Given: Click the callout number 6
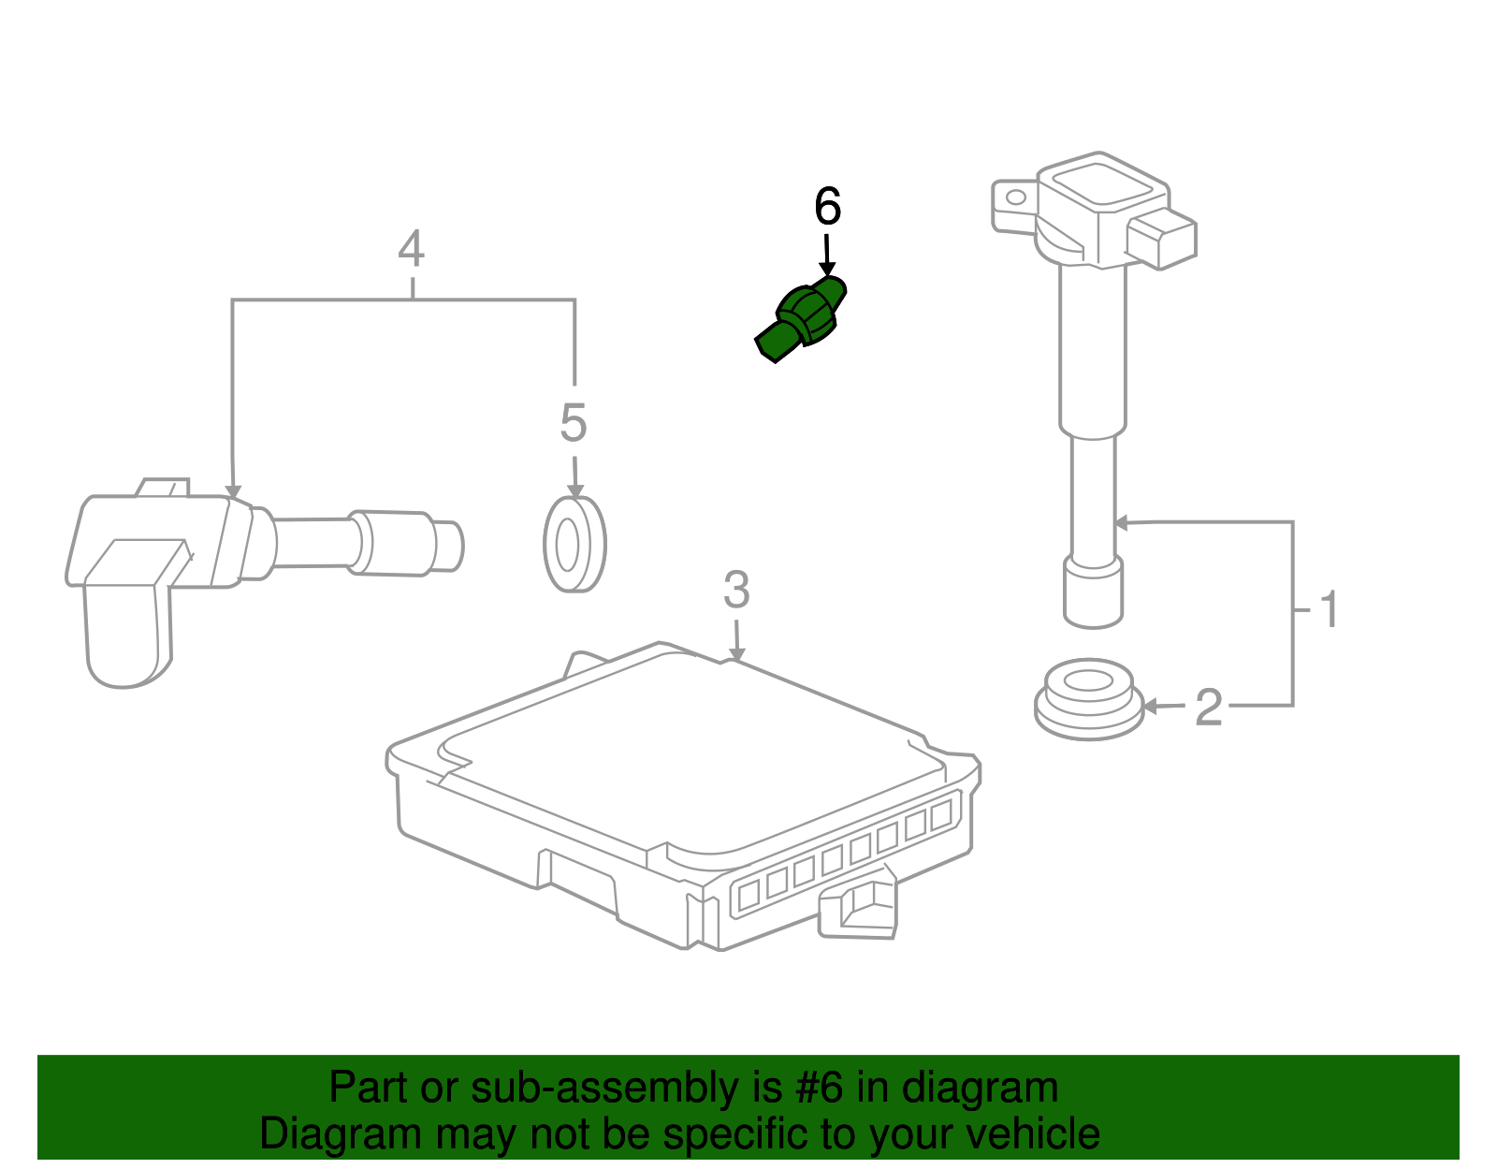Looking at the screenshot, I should pyautogui.click(x=827, y=207).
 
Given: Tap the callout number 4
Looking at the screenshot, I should pyautogui.click(x=412, y=250).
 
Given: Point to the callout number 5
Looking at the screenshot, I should pyautogui.click(x=573, y=423).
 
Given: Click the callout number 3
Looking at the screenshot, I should pyautogui.click(x=736, y=591).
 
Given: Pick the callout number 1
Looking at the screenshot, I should pyautogui.click(x=1330, y=610).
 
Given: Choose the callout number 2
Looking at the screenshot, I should pyautogui.click(x=1208, y=708).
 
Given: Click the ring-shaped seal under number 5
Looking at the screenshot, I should pyautogui.click(x=574, y=545).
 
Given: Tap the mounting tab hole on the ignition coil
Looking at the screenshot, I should pyautogui.click(x=1015, y=198).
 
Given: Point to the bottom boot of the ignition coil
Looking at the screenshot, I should pyautogui.click(x=1093, y=593).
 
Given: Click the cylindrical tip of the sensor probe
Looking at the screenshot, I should pyautogui.click(x=447, y=545).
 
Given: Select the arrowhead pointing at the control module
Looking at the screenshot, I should pyautogui.click(x=737, y=655).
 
